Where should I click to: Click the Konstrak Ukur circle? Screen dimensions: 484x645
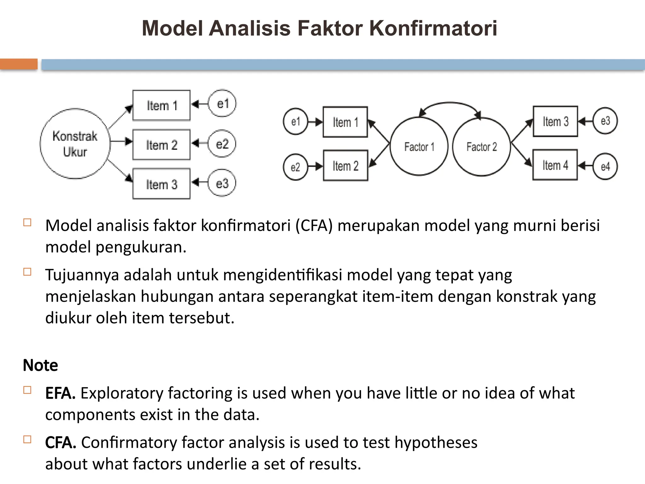click(x=75, y=144)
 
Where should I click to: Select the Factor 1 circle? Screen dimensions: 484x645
click(x=419, y=146)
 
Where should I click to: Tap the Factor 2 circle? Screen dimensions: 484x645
click(x=481, y=147)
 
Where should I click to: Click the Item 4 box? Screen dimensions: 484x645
click(x=555, y=165)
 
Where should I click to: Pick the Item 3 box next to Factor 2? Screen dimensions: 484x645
click(x=555, y=121)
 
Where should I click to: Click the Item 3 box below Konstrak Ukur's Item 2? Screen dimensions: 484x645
click(x=161, y=184)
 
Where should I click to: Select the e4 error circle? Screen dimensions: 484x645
click(x=605, y=166)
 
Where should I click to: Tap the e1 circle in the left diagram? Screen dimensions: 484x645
click(x=222, y=104)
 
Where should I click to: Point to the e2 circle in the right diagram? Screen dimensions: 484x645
click(x=295, y=167)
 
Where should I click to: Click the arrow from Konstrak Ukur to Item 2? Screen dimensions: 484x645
click(x=121, y=141)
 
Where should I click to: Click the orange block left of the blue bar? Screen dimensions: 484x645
click(x=19, y=64)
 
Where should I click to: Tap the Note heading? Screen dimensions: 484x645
click(x=40, y=365)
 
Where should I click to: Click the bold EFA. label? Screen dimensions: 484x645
click(x=60, y=393)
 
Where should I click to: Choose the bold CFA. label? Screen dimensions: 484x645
click(x=60, y=442)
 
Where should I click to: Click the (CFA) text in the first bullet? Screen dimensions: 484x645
click(x=314, y=226)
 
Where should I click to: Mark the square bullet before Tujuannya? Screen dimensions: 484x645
click(x=27, y=272)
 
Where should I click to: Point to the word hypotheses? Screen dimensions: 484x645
click(x=436, y=442)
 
